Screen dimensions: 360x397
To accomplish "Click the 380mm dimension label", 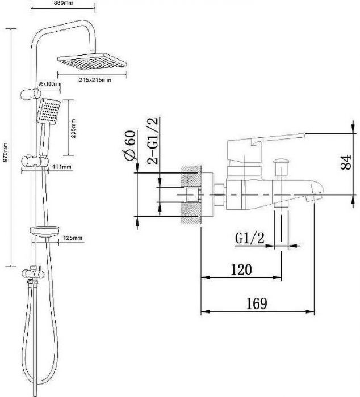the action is pyautogui.click(x=64, y=3).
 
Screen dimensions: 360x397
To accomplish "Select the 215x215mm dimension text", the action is pyautogui.click(x=95, y=80).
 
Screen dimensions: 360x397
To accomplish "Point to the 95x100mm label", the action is pyautogui.click(x=50, y=83).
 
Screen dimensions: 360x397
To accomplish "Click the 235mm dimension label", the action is pyautogui.click(x=73, y=128).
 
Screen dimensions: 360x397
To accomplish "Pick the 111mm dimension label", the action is pyautogui.click(x=62, y=167).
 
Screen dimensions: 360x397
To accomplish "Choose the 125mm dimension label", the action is pyautogui.click(x=73, y=238).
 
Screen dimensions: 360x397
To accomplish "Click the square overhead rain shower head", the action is pyautogui.click(x=92, y=61).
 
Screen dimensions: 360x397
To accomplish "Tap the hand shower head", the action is pyautogui.click(x=49, y=111).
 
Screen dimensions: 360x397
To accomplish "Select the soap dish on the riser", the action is pyautogui.click(x=45, y=232).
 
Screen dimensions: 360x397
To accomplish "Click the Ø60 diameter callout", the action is pyautogui.click(x=129, y=145).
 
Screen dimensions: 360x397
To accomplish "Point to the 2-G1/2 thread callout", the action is pyautogui.click(x=153, y=141).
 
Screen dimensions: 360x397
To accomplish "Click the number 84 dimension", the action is pyautogui.click(x=346, y=162).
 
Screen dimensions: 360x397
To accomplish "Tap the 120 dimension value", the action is pyautogui.click(x=241, y=270).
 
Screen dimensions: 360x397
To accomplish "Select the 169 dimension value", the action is pyautogui.click(x=257, y=303).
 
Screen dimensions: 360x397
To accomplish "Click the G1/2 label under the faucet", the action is pyautogui.click(x=250, y=238).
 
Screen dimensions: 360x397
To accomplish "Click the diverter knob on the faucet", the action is pyautogui.click(x=281, y=162).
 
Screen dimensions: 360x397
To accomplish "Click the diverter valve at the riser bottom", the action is pyautogui.click(x=33, y=273).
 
